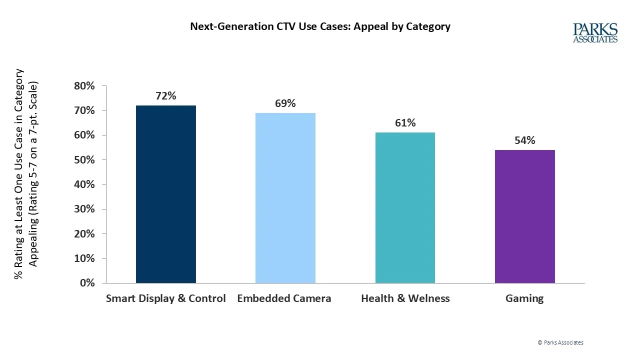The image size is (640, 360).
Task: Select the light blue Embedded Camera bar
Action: coord(285,198)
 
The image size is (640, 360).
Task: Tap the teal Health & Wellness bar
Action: coord(405,207)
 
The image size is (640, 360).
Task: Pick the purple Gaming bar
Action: coord(524,216)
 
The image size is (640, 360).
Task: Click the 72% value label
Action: coord(165,96)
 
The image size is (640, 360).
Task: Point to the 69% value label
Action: coord(285,103)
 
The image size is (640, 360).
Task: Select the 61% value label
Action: coord(405,123)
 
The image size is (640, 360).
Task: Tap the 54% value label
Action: coord(524,140)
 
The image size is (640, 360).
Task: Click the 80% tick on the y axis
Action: coord(84,86)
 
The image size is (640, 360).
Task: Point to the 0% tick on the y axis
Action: coord(87,283)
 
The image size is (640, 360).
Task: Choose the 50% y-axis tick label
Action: coord(84,160)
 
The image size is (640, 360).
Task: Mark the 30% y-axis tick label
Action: coord(84,209)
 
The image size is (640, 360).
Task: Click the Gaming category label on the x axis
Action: coord(524,298)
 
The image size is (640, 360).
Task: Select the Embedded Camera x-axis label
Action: coord(284,298)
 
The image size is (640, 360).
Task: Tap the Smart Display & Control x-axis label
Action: coord(165,298)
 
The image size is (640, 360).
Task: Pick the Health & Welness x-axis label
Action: coord(405,298)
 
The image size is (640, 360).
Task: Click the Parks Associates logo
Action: coord(595,33)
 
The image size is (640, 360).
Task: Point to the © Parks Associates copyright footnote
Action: coord(560,342)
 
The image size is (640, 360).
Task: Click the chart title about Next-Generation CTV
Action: coord(320,26)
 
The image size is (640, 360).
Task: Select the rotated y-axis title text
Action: coord(26,173)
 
